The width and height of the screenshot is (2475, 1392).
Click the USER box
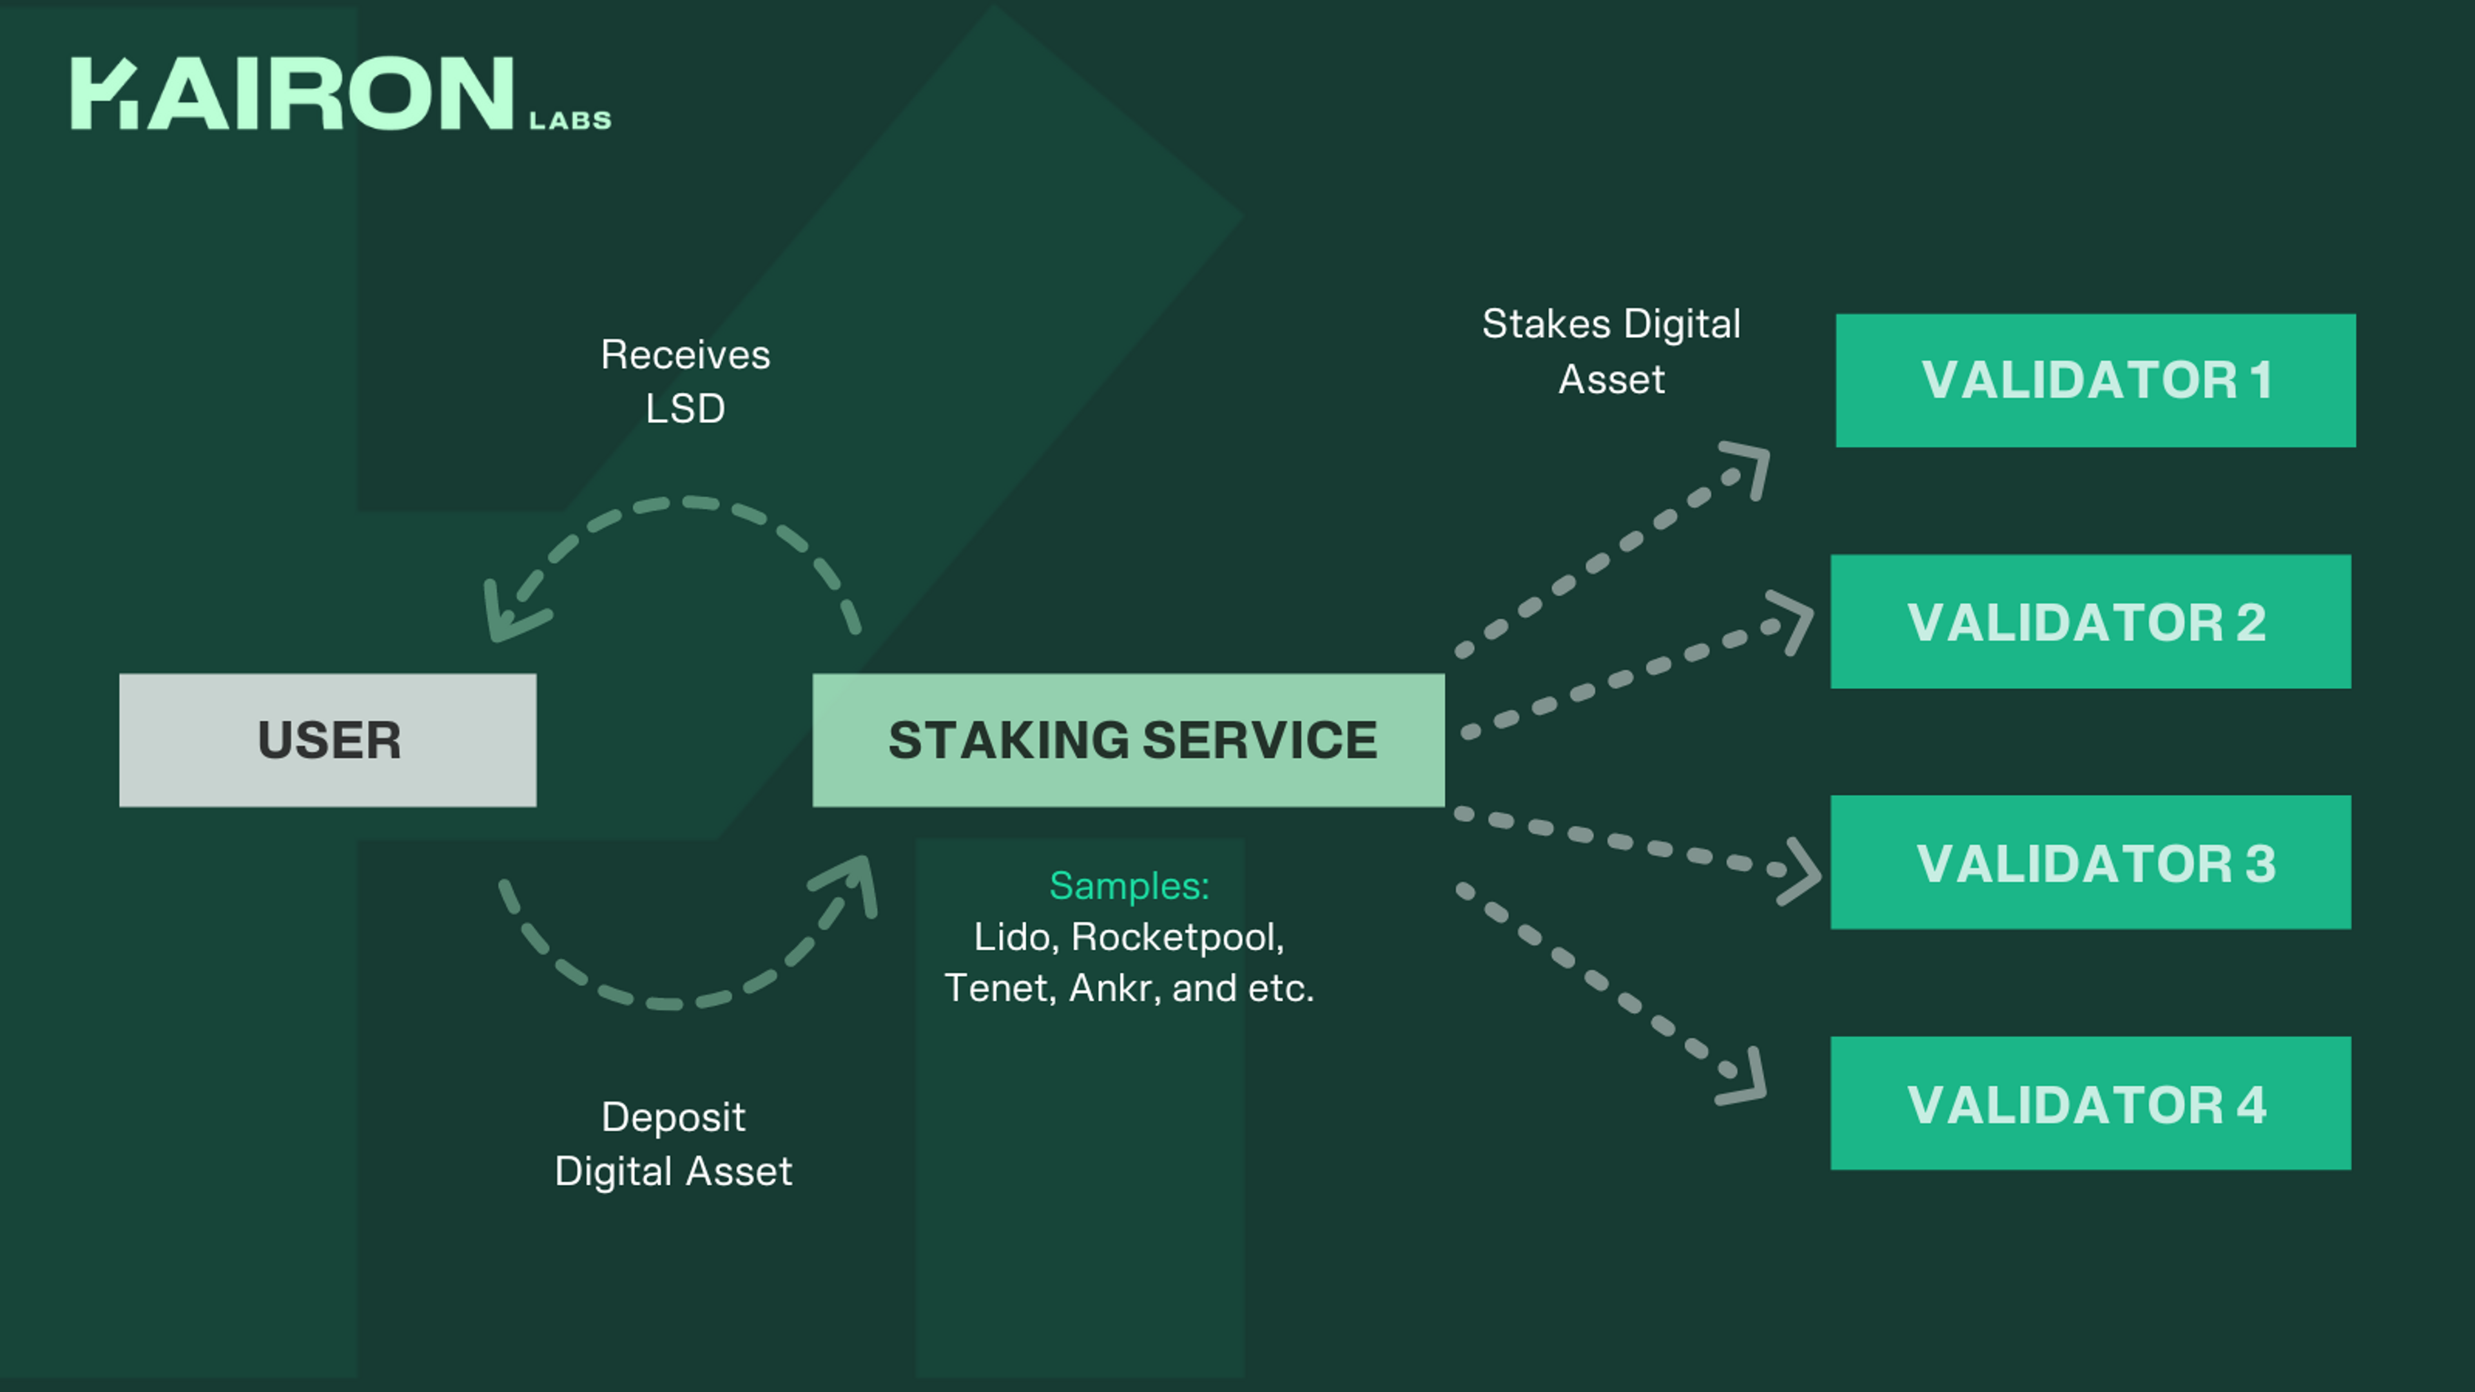(327, 740)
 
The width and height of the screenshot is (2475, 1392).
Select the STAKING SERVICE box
(1128, 740)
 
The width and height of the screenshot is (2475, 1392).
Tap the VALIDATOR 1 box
(2095, 380)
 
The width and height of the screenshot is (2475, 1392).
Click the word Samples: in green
(1129, 885)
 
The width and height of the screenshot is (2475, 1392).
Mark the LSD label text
(685, 409)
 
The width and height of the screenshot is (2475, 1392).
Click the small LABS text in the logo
(570, 120)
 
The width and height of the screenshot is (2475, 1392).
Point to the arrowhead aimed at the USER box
(507, 615)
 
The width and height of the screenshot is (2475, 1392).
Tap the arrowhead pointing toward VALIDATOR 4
(1747, 1081)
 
